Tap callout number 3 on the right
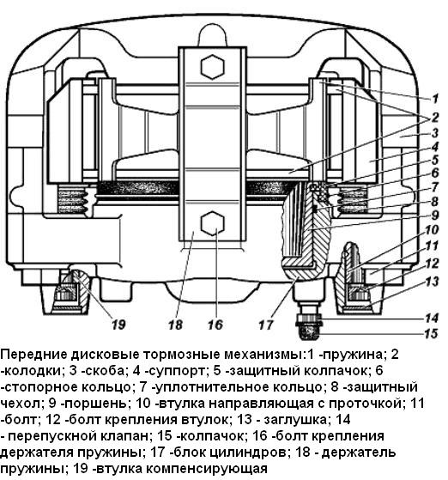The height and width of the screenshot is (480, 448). point(435,133)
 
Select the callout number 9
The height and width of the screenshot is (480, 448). point(435,215)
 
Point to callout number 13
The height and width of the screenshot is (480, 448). point(433,281)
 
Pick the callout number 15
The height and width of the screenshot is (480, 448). point(433,333)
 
